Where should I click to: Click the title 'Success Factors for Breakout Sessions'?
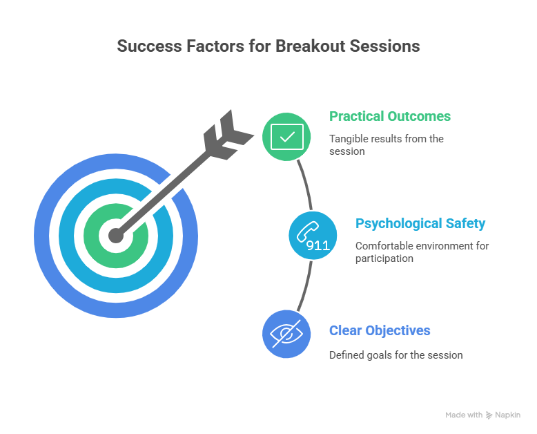click(268, 46)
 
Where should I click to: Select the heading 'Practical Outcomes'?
click(390, 116)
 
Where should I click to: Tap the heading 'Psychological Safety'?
click(420, 223)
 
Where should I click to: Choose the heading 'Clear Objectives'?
click(380, 330)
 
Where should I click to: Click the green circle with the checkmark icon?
click(286, 136)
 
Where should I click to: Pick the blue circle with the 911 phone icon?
click(312, 236)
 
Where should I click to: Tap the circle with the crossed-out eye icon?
click(286, 334)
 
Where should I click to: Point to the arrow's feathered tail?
click(227, 132)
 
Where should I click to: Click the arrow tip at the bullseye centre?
click(116, 236)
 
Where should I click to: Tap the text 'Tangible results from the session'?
click(386, 144)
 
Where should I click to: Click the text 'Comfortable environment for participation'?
click(422, 252)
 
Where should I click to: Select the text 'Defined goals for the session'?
click(396, 355)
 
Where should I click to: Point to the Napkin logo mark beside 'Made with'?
click(490, 415)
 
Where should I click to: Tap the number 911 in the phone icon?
click(318, 244)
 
